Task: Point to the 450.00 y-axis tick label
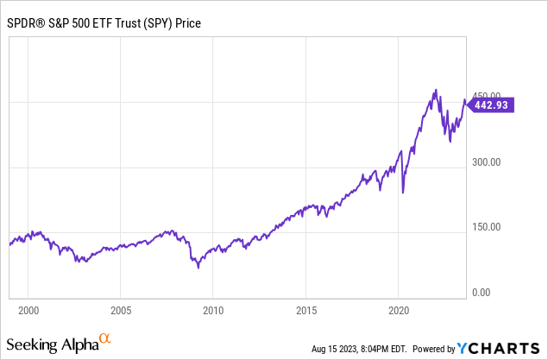click(486, 96)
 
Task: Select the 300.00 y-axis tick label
click(486, 161)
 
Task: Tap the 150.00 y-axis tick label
click(486, 227)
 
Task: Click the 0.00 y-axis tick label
click(481, 293)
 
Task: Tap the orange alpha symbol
click(105, 339)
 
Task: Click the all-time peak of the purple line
click(436, 90)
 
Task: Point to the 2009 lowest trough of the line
click(198, 267)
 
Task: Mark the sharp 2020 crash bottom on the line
click(403, 193)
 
